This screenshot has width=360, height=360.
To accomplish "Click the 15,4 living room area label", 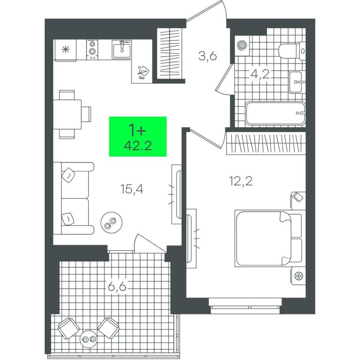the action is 132,189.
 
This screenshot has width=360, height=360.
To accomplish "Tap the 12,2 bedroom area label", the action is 241,181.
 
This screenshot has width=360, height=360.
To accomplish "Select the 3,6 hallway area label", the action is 207,56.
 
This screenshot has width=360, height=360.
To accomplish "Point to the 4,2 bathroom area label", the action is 260,74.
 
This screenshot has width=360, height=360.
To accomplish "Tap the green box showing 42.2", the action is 138,136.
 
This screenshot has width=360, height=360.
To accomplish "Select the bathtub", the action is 275,113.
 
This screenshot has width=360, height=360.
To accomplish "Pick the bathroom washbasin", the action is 297,82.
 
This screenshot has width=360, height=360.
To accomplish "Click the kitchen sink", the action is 122,49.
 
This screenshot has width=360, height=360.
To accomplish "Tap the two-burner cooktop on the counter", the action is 92,49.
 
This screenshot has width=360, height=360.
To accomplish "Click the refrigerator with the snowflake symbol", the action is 65,50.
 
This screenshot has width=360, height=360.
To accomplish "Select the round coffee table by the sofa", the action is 111,222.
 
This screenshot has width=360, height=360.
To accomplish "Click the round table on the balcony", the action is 88,339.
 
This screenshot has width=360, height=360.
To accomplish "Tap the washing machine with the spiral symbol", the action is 242,45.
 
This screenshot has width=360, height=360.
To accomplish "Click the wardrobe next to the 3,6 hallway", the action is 169,54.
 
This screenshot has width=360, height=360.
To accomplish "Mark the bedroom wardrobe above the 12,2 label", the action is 266,143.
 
